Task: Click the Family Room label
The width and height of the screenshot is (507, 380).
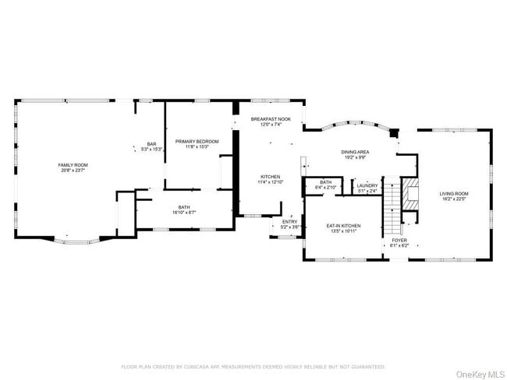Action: pos(73,165)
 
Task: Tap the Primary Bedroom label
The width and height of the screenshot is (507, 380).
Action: pos(197,141)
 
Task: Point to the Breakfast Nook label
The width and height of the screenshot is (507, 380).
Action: pos(270,119)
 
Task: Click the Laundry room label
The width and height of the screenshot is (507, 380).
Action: pos(367,185)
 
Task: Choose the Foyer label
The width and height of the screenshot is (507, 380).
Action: pos(399,241)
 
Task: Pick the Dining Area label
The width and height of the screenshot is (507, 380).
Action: pos(355,152)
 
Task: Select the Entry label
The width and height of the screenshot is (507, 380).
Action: pos(289,221)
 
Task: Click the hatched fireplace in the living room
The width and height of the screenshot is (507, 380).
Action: pos(410,192)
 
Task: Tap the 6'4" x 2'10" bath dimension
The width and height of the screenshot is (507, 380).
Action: pos(325,188)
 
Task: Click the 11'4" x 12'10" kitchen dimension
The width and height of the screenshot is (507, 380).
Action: pos(270,181)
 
